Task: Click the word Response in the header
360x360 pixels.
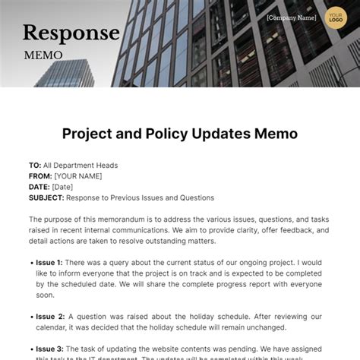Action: pyautogui.click(x=71, y=33)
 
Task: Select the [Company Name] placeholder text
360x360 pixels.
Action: pyautogui.click(x=292, y=17)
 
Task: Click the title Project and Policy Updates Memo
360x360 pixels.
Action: pyautogui.click(x=179, y=134)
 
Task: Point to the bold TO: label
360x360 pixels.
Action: pyautogui.click(x=35, y=165)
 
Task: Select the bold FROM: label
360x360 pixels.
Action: pyautogui.click(x=41, y=175)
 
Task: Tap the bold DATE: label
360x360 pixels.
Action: pyautogui.click(x=39, y=187)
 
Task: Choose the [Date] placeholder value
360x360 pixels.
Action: pyautogui.click(x=62, y=187)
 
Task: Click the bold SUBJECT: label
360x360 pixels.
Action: pyautogui.click(x=46, y=197)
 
